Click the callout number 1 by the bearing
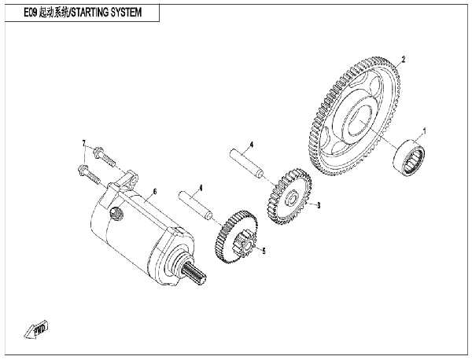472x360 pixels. (425, 131)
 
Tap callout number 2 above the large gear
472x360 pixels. (404, 59)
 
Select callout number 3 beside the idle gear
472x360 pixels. (319, 205)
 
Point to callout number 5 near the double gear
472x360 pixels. (264, 251)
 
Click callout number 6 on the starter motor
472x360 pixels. (155, 192)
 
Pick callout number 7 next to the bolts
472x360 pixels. (84, 142)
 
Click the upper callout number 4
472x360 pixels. (252, 145)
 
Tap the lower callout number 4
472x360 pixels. (201, 189)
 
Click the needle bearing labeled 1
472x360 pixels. (409, 156)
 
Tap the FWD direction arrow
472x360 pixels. (36, 329)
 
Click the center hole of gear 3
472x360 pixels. (292, 199)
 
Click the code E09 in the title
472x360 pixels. (31, 13)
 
